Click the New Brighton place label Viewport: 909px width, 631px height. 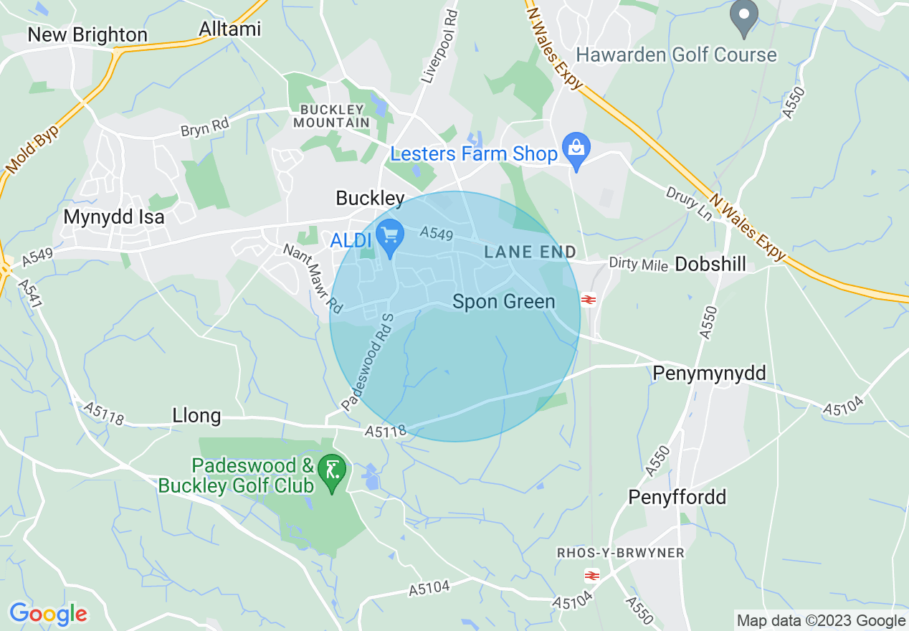[x=87, y=35]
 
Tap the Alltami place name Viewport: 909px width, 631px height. [x=231, y=29]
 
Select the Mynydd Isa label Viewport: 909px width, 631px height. [x=114, y=217]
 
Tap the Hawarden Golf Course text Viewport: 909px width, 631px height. [x=676, y=55]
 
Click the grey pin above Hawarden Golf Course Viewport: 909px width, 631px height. [x=744, y=16]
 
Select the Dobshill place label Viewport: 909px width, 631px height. [x=710, y=264]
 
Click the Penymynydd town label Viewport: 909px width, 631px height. [x=709, y=374]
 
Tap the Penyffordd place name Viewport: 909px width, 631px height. [x=677, y=497]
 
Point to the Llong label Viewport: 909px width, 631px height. [x=196, y=416]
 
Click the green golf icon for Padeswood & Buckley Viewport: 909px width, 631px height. [x=332, y=472]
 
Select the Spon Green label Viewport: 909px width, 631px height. [x=504, y=302]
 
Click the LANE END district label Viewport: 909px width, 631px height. [x=530, y=252]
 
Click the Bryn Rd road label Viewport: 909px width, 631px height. [x=205, y=128]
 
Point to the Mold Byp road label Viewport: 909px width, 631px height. [x=32, y=147]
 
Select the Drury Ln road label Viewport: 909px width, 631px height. [x=687, y=204]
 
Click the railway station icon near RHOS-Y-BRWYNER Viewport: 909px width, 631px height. [x=592, y=575]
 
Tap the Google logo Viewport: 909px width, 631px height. [x=49, y=614]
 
